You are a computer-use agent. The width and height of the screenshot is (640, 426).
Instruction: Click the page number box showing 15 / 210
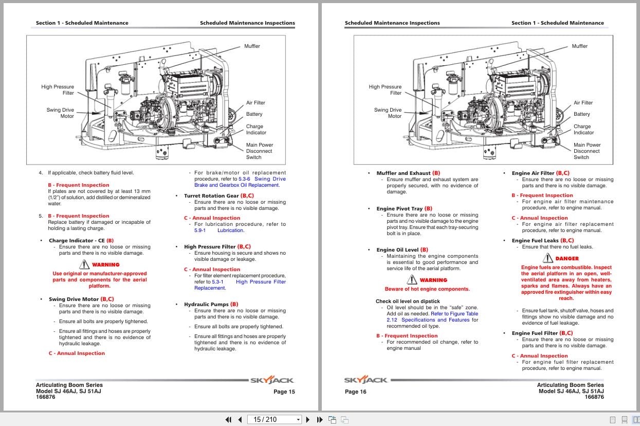tap(274, 419)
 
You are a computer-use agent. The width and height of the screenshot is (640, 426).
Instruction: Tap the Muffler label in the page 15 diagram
tap(252, 46)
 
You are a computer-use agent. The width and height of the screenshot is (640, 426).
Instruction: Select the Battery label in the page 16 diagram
tap(582, 114)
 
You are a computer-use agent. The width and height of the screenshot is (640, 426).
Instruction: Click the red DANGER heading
tap(566, 259)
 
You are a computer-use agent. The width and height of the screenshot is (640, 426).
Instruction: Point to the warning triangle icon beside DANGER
tap(547, 258)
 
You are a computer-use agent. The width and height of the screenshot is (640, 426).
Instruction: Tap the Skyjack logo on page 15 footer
tap(272, 380)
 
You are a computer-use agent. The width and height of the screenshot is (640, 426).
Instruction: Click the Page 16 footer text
tap(356, 392)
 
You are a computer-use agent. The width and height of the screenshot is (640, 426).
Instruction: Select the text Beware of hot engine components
tap(427, 289)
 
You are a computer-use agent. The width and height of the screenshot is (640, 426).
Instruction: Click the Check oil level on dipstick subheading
tap(408, 301)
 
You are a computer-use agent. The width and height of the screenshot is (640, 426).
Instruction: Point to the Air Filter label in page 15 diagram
tap(255, 103)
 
